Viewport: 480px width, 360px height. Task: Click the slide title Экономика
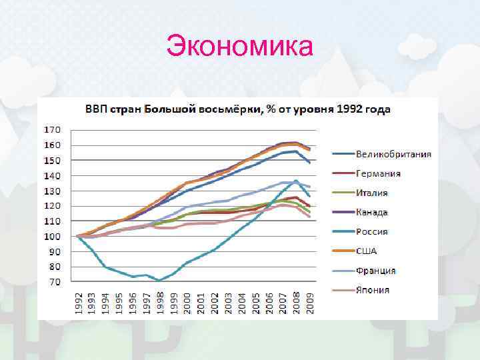tap(239, 47)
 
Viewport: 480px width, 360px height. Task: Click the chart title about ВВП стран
tap(236, 108)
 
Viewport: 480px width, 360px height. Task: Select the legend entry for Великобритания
tap(393, 154)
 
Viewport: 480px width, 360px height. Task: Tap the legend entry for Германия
tap(378, 173)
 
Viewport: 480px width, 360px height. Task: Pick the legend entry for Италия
tap(371, 193)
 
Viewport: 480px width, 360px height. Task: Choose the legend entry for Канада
tap(371, 212)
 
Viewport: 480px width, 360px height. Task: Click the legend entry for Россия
tap(371, 231)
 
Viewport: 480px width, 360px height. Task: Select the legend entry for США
tap(366, 251)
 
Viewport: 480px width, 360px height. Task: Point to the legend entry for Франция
tap(375, 270)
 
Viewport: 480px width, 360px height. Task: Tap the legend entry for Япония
tap(372, 289)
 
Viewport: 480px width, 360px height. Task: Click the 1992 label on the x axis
tap(78, 303)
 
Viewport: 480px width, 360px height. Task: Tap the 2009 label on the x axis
tap(309, 303)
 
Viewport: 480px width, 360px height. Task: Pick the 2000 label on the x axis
tap(187, 303)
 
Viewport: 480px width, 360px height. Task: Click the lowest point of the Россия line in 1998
tap(159, 281)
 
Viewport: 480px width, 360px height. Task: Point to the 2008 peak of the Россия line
tap(296, 181)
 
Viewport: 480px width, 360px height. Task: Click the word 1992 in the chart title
tap(355, 108)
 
